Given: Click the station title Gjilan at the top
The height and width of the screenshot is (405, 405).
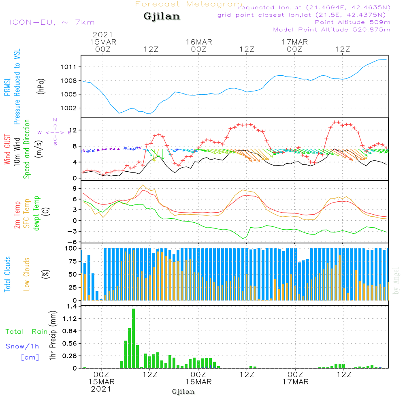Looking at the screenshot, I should (x=162, y=17).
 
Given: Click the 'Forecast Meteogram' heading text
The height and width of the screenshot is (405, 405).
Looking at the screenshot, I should (x=189, y=4).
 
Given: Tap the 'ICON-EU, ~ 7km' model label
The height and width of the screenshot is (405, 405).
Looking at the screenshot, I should (x=52, y=22).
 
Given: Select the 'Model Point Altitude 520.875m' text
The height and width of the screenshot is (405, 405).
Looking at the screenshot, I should (x=332, y=30).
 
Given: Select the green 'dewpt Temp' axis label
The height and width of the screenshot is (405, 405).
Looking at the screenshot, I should (x=36, y=213).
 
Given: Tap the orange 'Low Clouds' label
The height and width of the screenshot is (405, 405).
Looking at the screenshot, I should (x=27, y=274).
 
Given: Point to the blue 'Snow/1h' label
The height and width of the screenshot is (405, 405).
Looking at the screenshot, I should (x=23, y=347).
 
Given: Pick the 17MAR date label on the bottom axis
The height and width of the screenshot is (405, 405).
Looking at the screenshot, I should (x=295, y=382).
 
